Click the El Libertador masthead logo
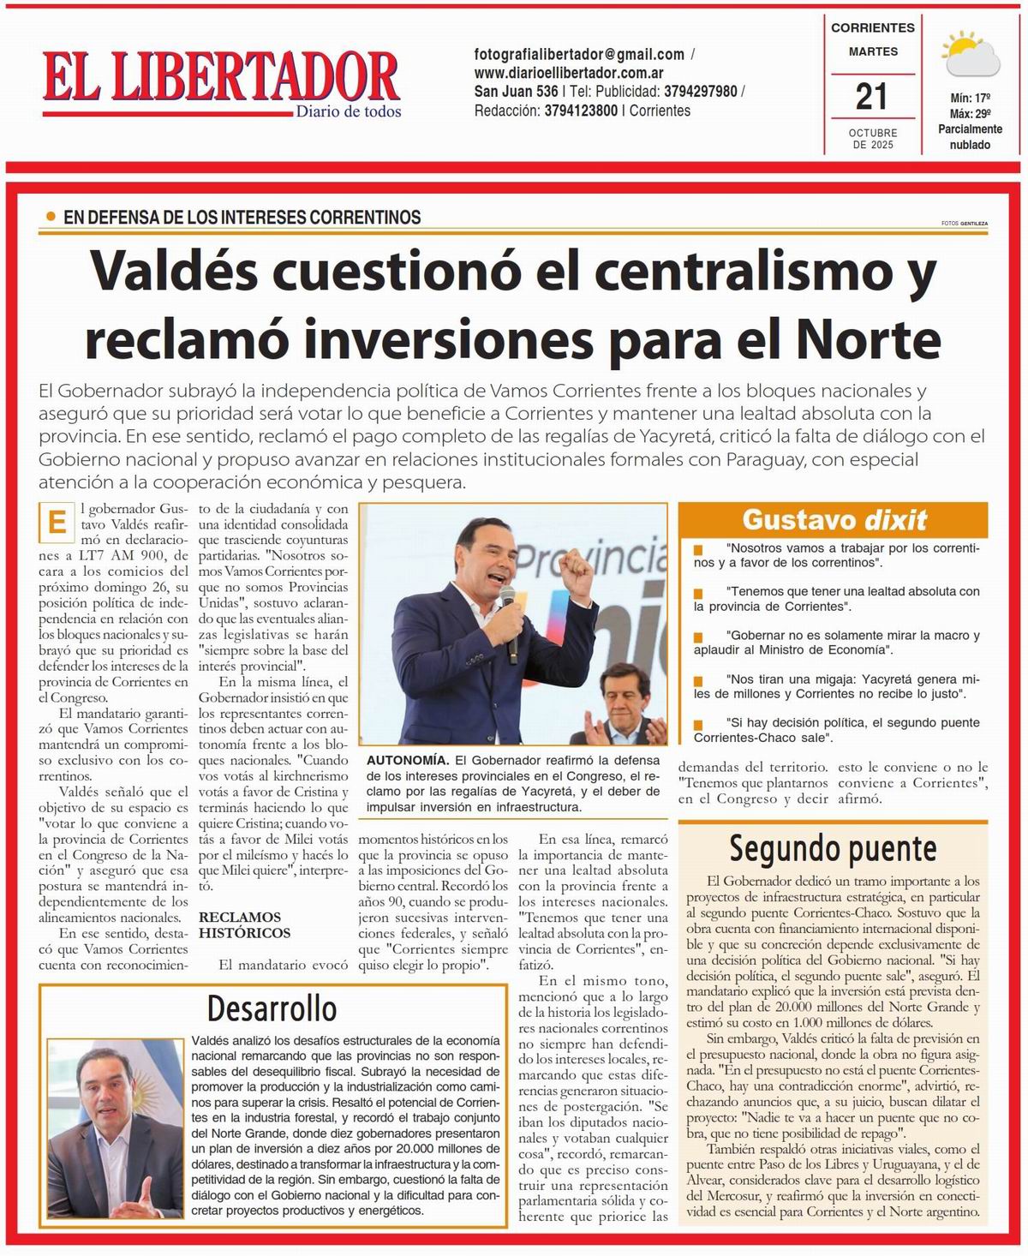pos(221,77)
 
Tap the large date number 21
pos(871,96)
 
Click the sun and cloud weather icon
pos(970,56)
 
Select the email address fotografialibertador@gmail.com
pos(579,54)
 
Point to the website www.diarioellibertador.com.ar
pos(569,73)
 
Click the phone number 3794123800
pos(581,111)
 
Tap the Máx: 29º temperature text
pos(970,114)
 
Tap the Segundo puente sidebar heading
pos(833,848)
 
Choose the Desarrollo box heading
pos(272,1008)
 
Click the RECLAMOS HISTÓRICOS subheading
pos(245,925)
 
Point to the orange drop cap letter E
pos(57,523)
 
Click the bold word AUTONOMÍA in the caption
pos(407,760)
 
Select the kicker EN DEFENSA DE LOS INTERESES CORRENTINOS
pos(242,218)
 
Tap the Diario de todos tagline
pos(348,111)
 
